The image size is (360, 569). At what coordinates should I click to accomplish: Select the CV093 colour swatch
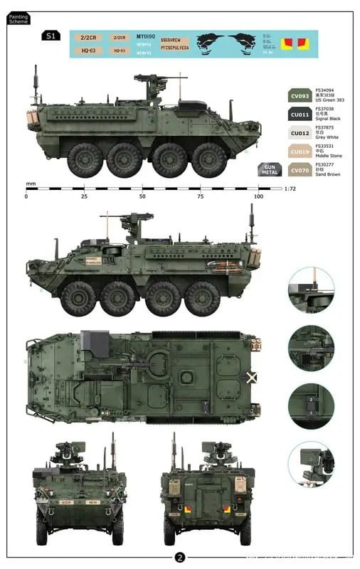(301, 95)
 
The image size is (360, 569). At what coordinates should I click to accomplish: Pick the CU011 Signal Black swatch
(301, 114)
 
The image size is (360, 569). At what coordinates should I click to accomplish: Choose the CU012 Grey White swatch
(301, 133)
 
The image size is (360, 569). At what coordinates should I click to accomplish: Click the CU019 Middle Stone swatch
(301, 151)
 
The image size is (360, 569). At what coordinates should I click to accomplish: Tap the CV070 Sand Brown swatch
(301, 171)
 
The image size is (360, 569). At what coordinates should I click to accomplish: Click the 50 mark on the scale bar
(142, 196)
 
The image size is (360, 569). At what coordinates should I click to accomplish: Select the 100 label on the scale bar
(258, 196)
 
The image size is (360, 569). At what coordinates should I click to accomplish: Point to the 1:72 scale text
(290, 188)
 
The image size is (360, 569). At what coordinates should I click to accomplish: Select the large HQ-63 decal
(89, 50)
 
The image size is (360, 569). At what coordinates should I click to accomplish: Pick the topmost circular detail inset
(311, 290)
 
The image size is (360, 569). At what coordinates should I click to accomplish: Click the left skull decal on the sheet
(212, 43)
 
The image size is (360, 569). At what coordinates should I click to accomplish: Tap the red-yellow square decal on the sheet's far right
(304, 45)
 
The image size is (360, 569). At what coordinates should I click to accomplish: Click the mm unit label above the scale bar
(31, 184)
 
